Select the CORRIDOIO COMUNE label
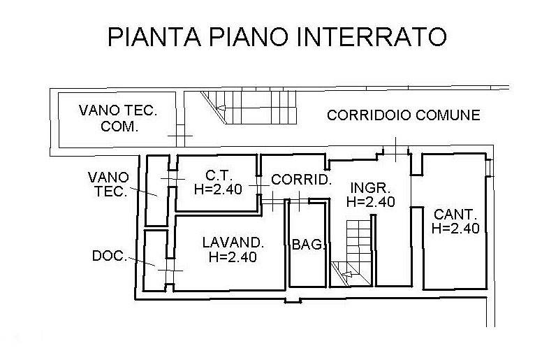point(404,115)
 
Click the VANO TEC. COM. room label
point(118,118)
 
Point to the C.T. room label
point(219,175)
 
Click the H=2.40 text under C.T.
point(218,189)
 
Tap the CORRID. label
point(302,180)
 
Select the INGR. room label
point(370,188)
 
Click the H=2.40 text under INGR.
point(371,201)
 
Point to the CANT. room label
point(455,215)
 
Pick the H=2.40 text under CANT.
point(455,228)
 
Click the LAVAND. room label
point(233,243)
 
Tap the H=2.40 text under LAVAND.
point(233,257)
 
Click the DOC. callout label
point(110,256)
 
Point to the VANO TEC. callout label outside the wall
point(108,184)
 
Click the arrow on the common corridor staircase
point(221,108)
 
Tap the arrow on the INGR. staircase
point(346,274)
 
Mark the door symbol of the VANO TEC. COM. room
point(180,136)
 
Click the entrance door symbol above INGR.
point(395,150)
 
